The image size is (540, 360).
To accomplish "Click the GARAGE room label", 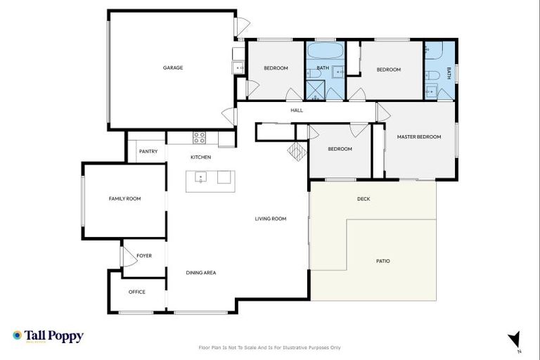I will coord(173,68).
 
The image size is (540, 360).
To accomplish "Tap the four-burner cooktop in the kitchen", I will coord(200,138).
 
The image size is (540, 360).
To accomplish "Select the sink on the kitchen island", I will coord(200,177).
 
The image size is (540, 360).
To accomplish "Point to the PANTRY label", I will coord(148,151).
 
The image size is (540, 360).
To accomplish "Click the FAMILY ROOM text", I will coord(124,199).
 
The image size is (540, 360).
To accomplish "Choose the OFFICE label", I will coord(137,292).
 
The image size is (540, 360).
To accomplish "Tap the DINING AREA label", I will coord(200,273).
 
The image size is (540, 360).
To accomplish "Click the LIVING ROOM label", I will coord(270,219).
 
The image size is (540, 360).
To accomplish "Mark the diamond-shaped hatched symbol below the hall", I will coord(296,152).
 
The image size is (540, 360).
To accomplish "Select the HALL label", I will coord(297,110).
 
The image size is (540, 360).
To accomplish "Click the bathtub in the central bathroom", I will coord(325,51).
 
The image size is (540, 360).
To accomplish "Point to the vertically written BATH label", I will coord(449,72).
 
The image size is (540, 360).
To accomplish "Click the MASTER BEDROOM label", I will coord(419,136).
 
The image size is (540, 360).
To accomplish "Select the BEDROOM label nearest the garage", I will coord(276,68).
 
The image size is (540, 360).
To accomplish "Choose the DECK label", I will coord(364,199).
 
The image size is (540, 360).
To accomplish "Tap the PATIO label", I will coord(383,261).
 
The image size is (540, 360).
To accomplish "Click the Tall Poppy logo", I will coord(48,336).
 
